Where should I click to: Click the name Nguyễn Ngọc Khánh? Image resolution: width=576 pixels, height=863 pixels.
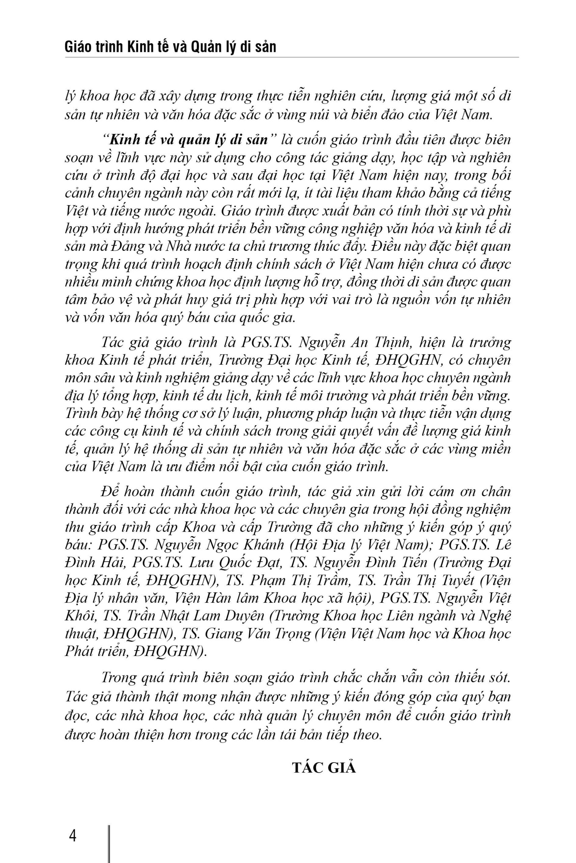219,545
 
